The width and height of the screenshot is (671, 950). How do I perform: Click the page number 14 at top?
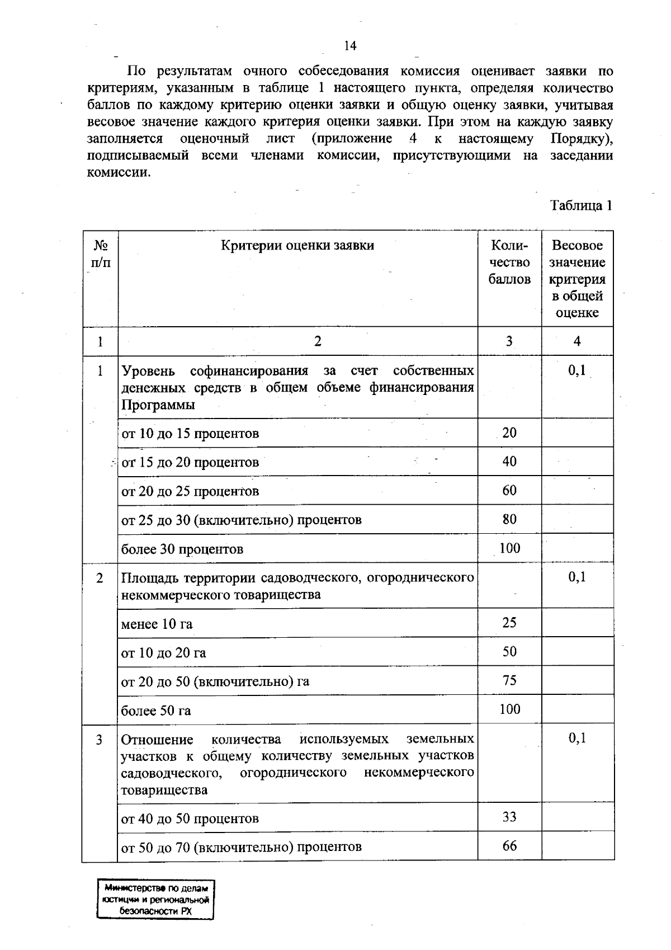click(350, 46)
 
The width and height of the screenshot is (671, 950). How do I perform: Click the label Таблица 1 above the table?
click(582, 205)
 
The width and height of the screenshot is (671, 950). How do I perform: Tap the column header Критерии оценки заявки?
click(297, 245)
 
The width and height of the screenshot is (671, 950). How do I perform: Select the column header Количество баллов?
click(509, 262)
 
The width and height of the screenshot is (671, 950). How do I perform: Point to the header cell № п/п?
click(101, 253)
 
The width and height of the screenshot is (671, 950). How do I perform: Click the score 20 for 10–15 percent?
click(509, 432)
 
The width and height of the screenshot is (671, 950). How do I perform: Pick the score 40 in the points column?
click(509, 462)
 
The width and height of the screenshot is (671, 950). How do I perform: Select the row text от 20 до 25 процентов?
click(190, 491)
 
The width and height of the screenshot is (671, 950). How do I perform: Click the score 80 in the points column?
click(509, 519)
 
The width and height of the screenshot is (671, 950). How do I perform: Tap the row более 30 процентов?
click(182, 549)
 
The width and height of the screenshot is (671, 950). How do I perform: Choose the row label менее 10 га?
click(157, 624)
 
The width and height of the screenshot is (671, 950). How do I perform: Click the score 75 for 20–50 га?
click(509, 680)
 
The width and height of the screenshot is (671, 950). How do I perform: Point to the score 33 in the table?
click(509, 817)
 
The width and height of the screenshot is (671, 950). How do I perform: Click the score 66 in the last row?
click(509, 845)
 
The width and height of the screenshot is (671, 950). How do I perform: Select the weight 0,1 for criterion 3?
click(577, 738)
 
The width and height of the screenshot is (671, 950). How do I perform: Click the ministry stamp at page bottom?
click(156, 900)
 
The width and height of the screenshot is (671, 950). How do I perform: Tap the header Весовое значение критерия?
click(577, 279)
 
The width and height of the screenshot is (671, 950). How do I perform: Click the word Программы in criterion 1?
click(158, 405)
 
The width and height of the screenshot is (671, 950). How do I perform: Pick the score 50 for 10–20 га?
click(509, 652)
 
